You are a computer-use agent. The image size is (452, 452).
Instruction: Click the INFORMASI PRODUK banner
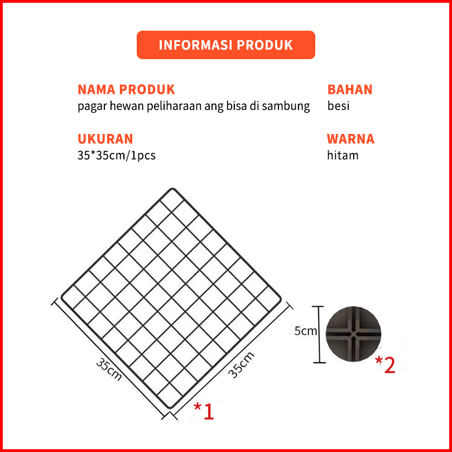tap(225, 45)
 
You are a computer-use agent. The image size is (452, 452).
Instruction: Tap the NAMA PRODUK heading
tap(126, 90)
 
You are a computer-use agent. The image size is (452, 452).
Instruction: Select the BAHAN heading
tap(350, 90)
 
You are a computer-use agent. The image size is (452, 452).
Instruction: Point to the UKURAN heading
tap(105, 139)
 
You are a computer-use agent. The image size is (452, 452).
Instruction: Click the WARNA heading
tap(350, 139)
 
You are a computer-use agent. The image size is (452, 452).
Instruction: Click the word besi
tap(338, 106)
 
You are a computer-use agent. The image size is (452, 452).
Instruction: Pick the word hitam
tap(343, 155)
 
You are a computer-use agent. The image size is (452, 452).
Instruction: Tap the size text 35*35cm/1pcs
tap(117, 156)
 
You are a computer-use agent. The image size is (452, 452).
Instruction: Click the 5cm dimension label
tap(306, 331)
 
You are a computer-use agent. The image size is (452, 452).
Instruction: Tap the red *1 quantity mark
tap(204, 411)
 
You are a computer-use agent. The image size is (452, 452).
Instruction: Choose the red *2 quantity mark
tap(385, 365)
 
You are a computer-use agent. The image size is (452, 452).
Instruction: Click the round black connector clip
tap(354, 334)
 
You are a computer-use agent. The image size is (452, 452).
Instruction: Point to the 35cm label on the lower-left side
tap(109, 369)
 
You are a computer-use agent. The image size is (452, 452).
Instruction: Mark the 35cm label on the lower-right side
tap(241, 364)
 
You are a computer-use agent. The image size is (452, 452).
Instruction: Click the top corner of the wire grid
tap(172, 189)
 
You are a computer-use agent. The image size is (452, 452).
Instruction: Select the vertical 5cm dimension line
tap(319, 334)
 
